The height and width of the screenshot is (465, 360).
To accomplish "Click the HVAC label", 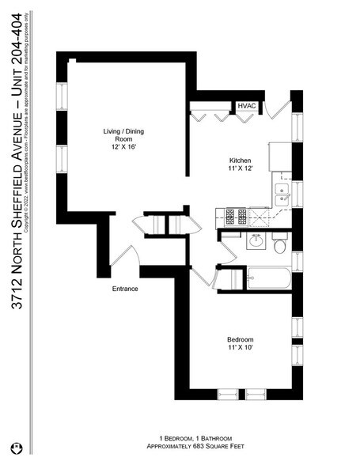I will click(x=244, y=107).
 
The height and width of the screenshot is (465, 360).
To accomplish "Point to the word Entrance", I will click(x=125, y=289).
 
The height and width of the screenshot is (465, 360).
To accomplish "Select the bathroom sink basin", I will click(x=256, y=241).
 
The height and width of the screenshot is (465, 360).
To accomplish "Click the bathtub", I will click(x=269, y=278).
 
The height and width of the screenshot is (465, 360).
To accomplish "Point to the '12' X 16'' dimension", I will click(x=123, y=145).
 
